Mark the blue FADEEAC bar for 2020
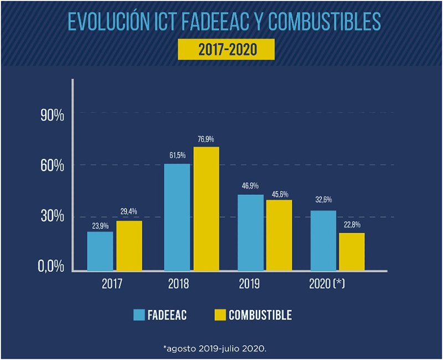click(323, 240)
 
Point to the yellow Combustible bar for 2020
click(352, 251)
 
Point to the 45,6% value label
click(279, 194)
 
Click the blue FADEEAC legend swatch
click(139, 315)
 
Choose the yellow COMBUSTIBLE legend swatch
click(219, 315)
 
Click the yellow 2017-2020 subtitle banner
click(227, 49)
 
